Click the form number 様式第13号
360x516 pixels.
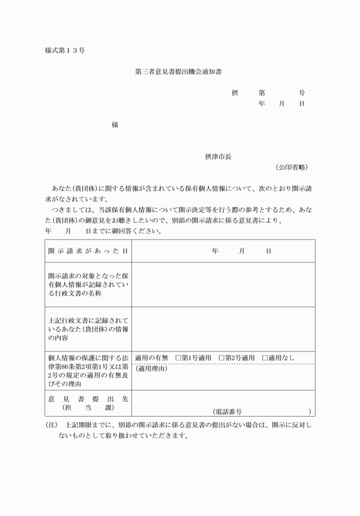(x=65, y=51)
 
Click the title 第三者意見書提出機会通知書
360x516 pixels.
(x=179, y=72)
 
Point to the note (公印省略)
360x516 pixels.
(x=291, y=167)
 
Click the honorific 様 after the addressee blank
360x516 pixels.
(x=115, y=125)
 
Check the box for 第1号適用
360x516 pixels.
(x=178, y=358)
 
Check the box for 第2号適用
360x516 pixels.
(x=222, y=358)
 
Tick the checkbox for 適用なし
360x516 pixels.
(x=265, y=358)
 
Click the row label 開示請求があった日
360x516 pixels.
(x=87, y=251)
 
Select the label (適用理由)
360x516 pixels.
(x=151, y=369)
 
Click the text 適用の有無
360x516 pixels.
(x=151, y=358)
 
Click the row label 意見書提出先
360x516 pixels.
(x=87, y=398)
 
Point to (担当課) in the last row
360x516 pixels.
(x=87, y=407)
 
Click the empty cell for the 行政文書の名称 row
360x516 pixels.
(x=223, y=284)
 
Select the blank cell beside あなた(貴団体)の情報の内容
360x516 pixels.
(x=223, y=329)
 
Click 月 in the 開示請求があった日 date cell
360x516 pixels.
(x=242, y=251)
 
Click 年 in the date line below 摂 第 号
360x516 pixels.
(x=261, y=104)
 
